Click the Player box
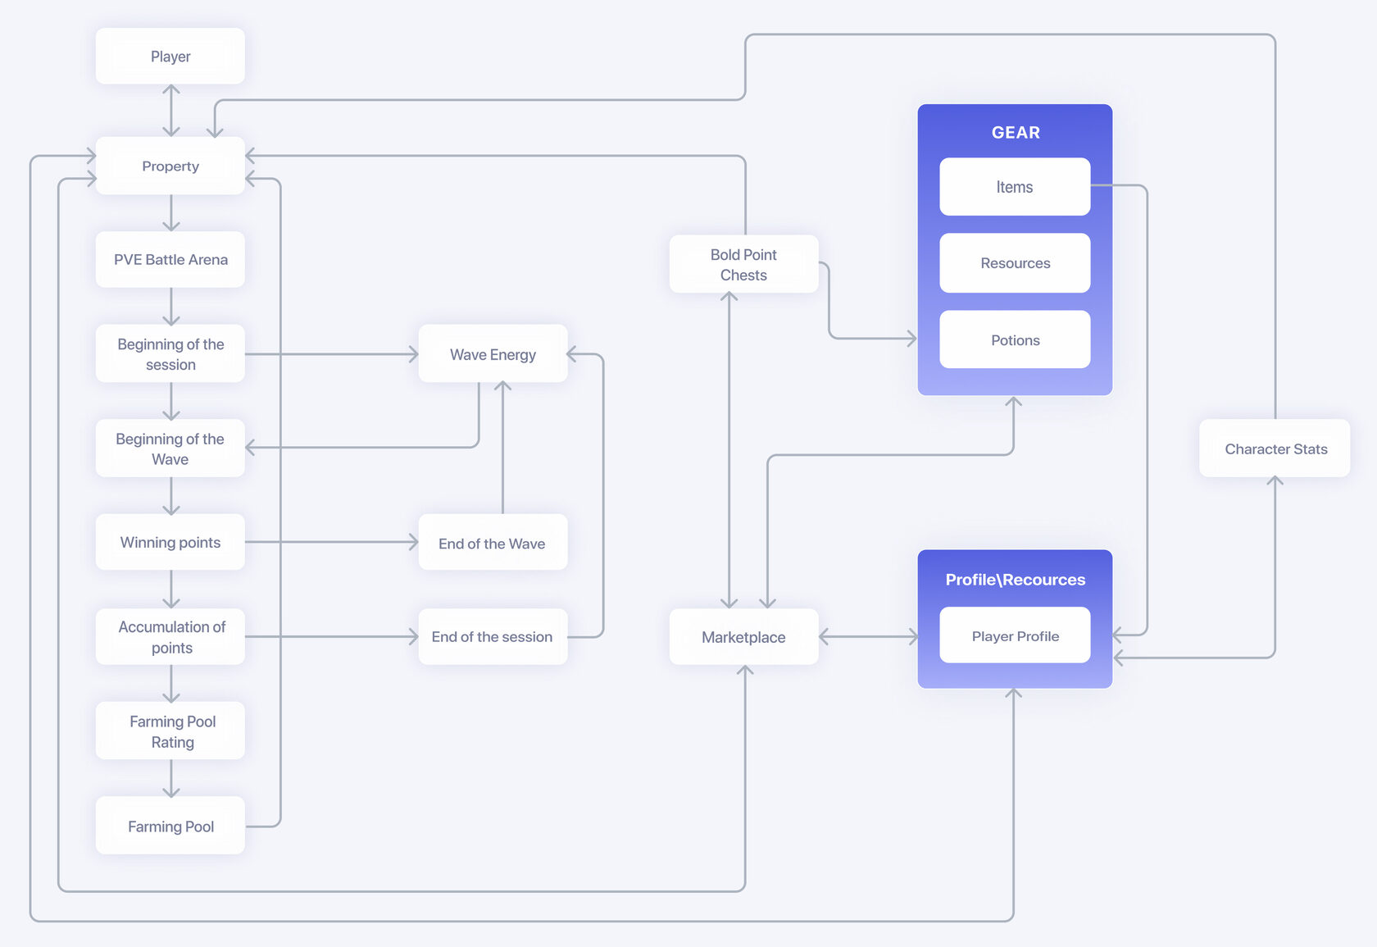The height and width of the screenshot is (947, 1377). coord(170,56)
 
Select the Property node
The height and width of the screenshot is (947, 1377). coord(170,166)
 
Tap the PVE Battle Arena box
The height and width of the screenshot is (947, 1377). coord(170,259)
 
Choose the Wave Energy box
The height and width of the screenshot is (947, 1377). coord(493,353)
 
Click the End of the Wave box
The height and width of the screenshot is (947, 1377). coord(493,543)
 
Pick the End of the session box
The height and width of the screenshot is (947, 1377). coord(493,636)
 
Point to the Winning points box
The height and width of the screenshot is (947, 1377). coord(170,542)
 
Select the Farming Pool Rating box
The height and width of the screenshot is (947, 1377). coord(170,731)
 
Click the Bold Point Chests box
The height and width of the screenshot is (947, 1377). coord(744,264)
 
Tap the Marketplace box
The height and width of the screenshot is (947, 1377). coord(744,636)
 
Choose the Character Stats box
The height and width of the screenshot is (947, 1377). coord(1275,448)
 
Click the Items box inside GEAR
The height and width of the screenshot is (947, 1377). coord(1015,186)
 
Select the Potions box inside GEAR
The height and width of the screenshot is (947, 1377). coord(1015,339)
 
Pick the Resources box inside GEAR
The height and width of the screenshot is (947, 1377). coord(1015,262)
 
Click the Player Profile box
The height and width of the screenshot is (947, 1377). coord(1015,635)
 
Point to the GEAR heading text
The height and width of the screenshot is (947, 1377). coord(1016,132)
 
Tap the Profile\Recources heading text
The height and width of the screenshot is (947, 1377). coord(1015,579)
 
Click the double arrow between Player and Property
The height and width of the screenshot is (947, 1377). coord(170,111)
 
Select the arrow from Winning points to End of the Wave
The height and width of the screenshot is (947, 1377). coord(332,542)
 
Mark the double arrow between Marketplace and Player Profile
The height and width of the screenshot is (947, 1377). coord(868,636)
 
